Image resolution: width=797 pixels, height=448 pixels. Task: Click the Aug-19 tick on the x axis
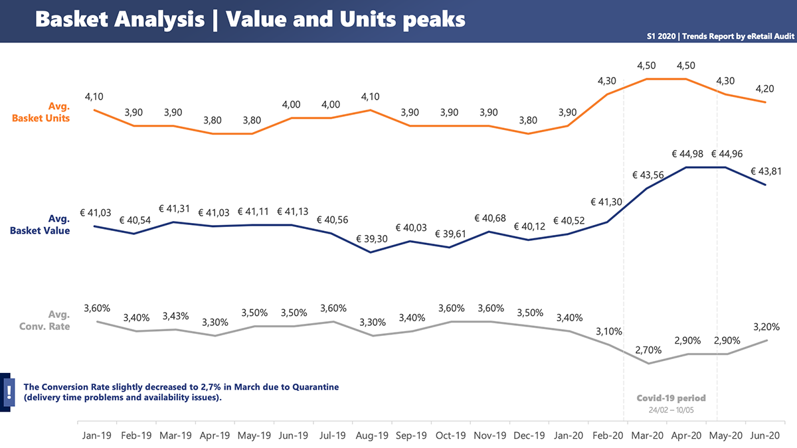click(373, 436)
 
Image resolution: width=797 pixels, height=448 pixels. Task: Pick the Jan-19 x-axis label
click(98, 436)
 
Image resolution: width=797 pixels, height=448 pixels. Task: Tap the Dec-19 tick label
click(529, 436)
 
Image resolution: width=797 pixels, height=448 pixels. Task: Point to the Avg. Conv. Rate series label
click(49, 320)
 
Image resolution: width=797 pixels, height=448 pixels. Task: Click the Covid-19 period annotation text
click(671, 398)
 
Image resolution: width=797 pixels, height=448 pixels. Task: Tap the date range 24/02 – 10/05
click(671, 410)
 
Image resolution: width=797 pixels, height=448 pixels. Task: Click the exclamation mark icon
click(9, 392)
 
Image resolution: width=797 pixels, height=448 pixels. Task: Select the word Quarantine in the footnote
click(316, 386)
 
